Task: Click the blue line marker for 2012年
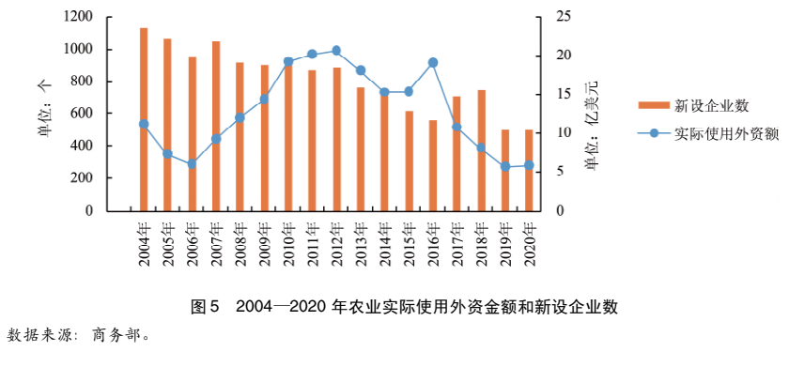click(x=336, y=51)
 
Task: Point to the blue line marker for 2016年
click(x=433, y=63)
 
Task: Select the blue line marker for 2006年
click(x=192, y=163)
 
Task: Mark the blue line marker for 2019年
click(x=505, y=166)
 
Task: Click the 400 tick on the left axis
click(x=83, y=146)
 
